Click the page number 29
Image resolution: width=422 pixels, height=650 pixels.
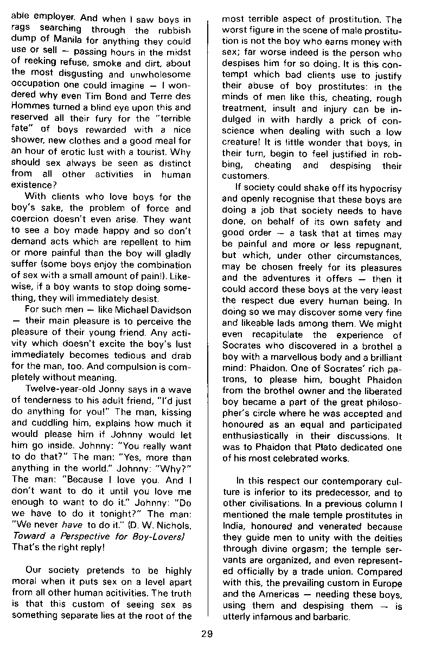click(206, 634)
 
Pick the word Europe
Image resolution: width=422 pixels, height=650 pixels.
click(387, 583)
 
